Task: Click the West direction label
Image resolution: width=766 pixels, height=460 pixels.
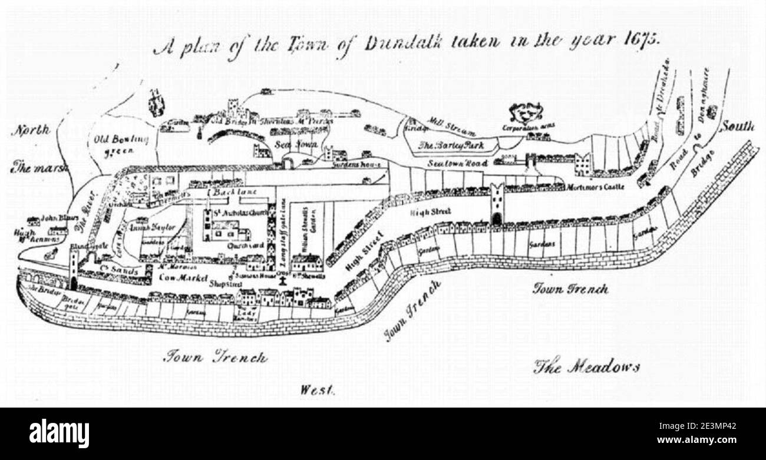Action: coord(317,389)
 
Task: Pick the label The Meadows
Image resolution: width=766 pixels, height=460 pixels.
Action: coord(586,367)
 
